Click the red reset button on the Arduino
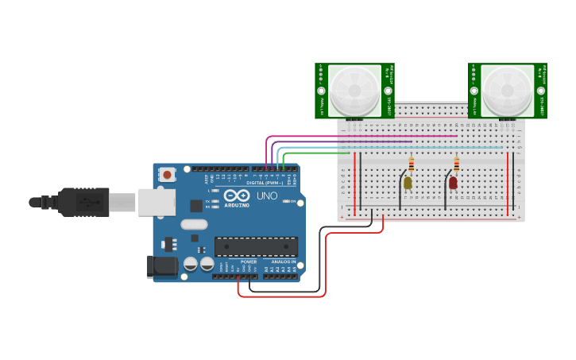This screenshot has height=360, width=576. coord(167,175)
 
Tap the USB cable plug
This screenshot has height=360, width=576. coord(83,202)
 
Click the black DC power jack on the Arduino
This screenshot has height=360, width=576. coord(162,266)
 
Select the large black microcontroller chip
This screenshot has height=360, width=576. coord(256,246)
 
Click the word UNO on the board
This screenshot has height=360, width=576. coord(267,195)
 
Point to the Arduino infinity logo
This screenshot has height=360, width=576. coord(237,195)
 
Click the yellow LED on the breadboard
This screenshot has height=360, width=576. coord(408,183)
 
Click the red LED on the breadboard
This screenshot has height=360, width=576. coord(453,183)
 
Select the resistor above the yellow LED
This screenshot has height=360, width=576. coord(411,165)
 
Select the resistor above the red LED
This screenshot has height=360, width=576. coord(456,165)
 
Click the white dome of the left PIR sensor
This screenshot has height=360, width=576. coord(354,89)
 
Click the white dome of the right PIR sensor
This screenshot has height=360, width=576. coord(507,89)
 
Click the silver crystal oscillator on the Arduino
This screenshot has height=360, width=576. coord(194,225)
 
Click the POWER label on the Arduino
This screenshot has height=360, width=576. coord(249,261)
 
